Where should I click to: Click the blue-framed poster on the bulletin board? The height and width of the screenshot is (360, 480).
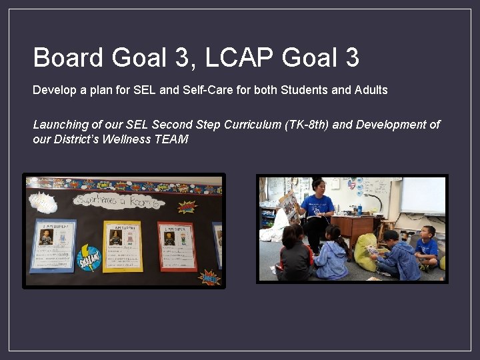[53, 245]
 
